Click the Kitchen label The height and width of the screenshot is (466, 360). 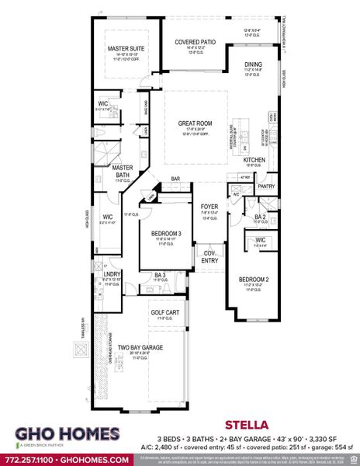click(254, 160)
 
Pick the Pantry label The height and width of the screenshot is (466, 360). click(267, 186)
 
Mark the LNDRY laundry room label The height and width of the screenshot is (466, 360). click(112, 273)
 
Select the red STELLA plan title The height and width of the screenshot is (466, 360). click(246, 425)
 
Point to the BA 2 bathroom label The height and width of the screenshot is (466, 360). click(261, 217)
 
